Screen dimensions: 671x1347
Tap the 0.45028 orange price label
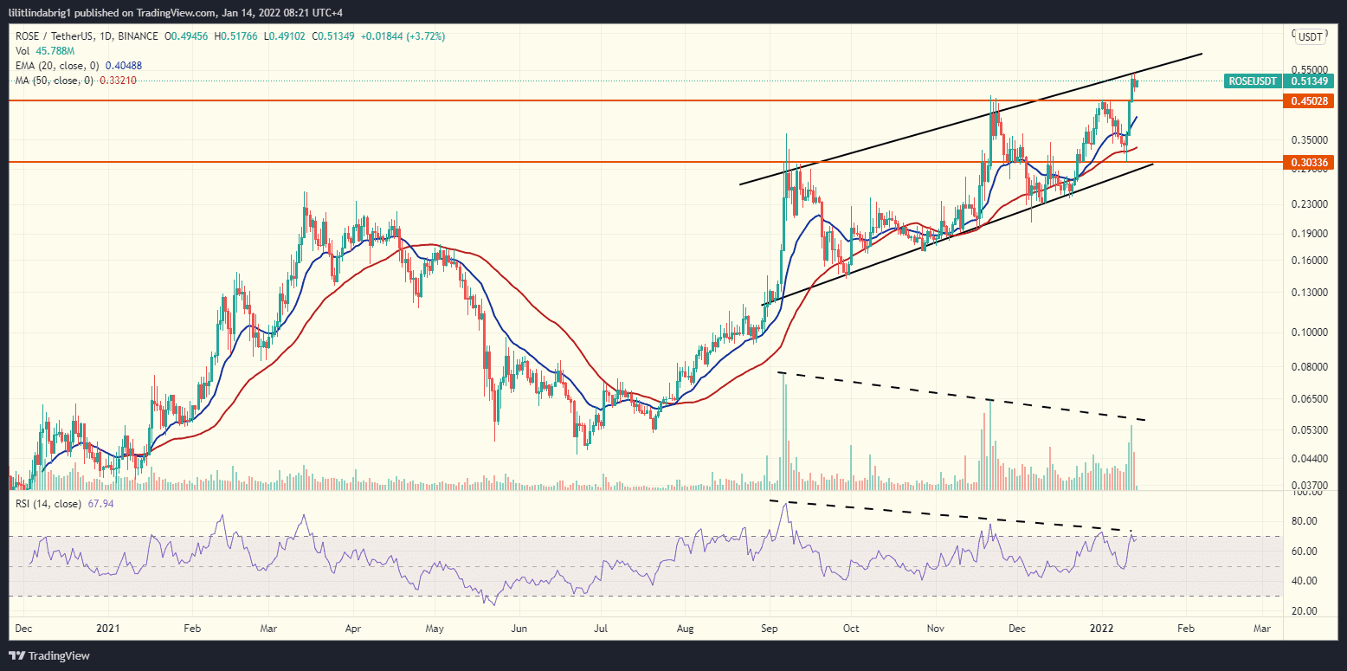point(1307,101)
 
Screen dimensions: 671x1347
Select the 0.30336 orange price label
point(1307,163)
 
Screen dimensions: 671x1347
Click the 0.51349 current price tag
point(1309,81)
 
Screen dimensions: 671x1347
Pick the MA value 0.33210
point(118,81)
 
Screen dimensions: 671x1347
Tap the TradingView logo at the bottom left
point(49,655)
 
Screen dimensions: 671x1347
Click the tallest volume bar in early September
point(785,433)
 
